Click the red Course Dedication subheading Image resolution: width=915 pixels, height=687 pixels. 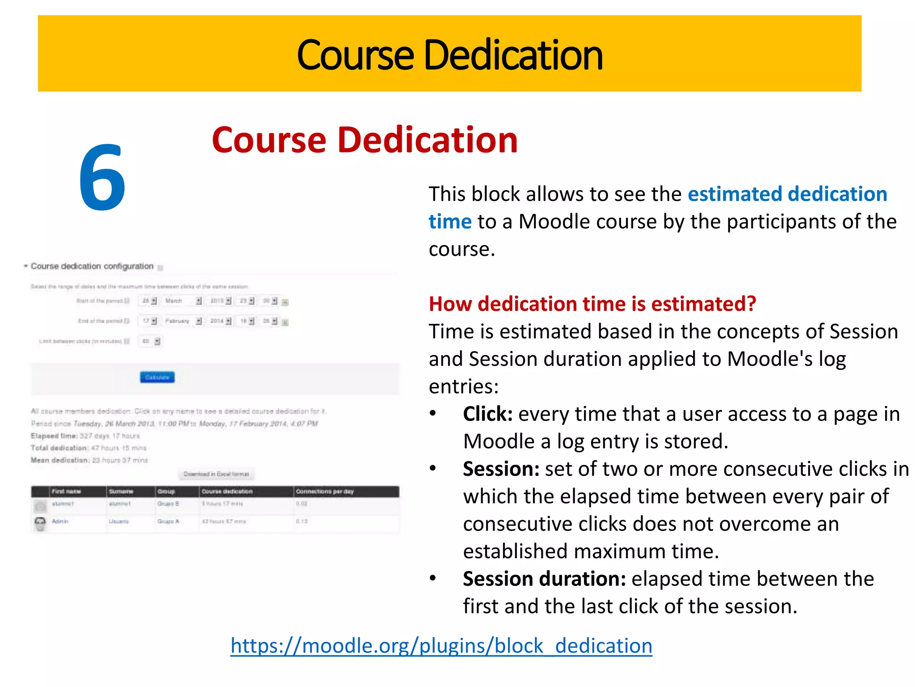pos(364,140)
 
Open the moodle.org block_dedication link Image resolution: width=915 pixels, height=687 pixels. pos(441,646)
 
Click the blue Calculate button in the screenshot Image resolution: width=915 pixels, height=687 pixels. pos(157,377)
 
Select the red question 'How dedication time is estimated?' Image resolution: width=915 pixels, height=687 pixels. pos(592,304)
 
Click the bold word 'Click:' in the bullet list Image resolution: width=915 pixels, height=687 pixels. pos(487,414)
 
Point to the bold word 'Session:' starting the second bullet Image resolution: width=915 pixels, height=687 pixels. pos(501,469)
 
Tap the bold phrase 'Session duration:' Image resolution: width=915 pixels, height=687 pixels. pos(544,579)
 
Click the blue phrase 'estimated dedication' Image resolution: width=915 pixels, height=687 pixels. pos(787,194)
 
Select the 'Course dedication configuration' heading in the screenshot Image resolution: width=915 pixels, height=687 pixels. pos(92,266)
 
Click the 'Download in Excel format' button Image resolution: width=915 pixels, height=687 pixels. pos(216,474)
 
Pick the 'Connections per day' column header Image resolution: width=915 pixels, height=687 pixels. pos(325,492)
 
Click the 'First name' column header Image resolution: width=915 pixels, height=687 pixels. pos(66,492)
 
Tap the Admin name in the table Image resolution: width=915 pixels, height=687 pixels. pos(60,522)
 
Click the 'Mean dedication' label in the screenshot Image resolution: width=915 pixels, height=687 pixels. pos(59,460)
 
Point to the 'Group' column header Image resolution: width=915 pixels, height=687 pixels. pos(166,492)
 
